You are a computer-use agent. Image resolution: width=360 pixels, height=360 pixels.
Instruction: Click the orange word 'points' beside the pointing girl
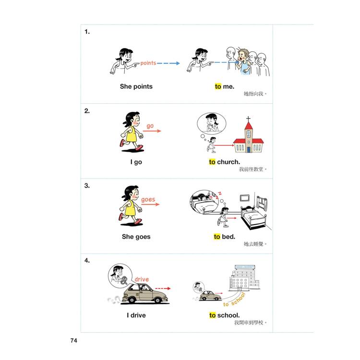[x=148, y=63]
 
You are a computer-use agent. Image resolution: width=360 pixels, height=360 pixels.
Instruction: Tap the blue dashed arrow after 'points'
[x=168, y=63]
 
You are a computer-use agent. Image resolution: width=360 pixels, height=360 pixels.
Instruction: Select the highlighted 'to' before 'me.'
[x=218, y=86]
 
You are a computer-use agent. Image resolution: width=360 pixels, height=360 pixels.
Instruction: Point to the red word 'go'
[x=150, y=126]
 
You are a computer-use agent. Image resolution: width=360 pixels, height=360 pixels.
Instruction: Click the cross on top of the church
[x=248, y=119]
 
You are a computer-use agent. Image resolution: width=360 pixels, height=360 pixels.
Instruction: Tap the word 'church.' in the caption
[x=228, y=162]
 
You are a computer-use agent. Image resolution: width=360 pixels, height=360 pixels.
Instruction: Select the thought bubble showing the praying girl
[x=212, y=124]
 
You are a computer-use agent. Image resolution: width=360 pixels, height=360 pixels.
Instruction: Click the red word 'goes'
[x=148, y=200]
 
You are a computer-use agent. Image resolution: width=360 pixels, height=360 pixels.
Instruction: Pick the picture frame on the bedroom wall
[x=244, y=198]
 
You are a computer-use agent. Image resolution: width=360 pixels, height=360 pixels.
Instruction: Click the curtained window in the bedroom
[x=262, y=203]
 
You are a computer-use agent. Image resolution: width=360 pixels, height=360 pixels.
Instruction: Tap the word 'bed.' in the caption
[x=228, y=237]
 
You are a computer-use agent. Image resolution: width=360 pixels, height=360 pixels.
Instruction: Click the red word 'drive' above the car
[x=142, y=279]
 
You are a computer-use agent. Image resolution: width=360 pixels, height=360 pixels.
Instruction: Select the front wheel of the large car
[x=158, y=300]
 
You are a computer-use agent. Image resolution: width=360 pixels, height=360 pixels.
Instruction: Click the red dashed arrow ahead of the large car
[x=163, y=288]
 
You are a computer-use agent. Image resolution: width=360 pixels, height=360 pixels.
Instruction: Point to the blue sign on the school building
[x=245, y=267]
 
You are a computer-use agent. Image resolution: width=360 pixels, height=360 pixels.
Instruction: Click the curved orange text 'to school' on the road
[x=234, y=300]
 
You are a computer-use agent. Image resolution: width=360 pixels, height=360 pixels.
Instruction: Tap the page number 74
[x=74, y=340]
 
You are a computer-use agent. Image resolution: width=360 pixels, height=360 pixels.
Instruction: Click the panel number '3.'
[x=87, y=185]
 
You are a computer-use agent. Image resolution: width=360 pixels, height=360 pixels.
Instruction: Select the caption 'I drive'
[x=136, y=315]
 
